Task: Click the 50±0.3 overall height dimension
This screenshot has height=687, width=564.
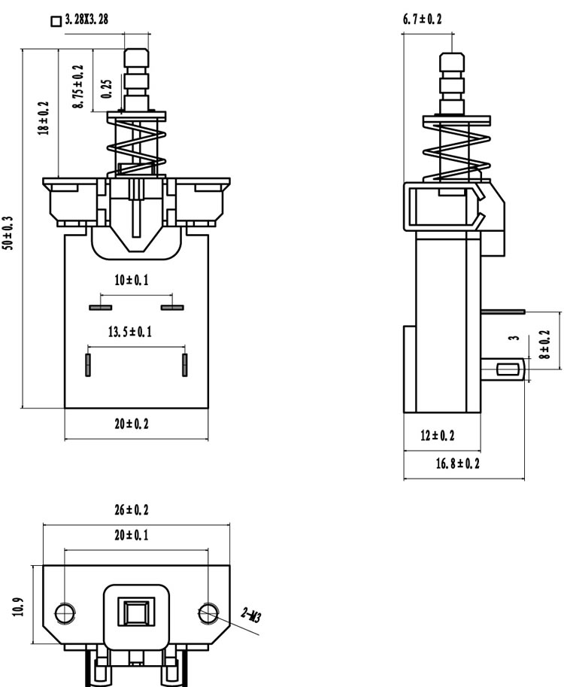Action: [8, 233]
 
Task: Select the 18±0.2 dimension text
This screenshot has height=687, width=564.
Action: [44, 118]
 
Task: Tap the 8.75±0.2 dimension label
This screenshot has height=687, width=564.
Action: [78, 87]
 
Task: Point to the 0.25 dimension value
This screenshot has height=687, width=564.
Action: [107, 89]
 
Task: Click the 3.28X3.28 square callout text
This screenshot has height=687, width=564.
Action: [86, 20]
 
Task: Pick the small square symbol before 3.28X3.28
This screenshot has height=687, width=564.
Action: [56, 22]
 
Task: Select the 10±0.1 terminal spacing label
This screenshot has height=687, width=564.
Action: [132, 280]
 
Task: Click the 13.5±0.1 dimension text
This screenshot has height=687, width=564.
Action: [130, 332]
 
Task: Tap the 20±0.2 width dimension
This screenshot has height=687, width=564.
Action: [132, 424]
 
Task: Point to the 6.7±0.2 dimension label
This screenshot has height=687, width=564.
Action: [422, 19]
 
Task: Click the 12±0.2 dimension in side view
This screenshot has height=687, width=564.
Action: [438, 436]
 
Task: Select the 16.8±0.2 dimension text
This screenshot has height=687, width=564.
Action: [458, 464]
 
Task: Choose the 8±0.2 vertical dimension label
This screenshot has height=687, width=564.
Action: [545, 345]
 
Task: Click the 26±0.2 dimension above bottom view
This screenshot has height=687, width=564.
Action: [132, 510]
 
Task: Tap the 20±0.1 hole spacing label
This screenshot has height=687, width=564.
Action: [132, 535]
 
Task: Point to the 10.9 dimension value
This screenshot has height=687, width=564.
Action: [19, 607]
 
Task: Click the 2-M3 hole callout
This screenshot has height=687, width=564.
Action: [252, 616]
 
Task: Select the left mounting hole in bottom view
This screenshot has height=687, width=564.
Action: [65, 613]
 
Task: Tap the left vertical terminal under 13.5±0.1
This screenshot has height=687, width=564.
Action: [88, 365]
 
